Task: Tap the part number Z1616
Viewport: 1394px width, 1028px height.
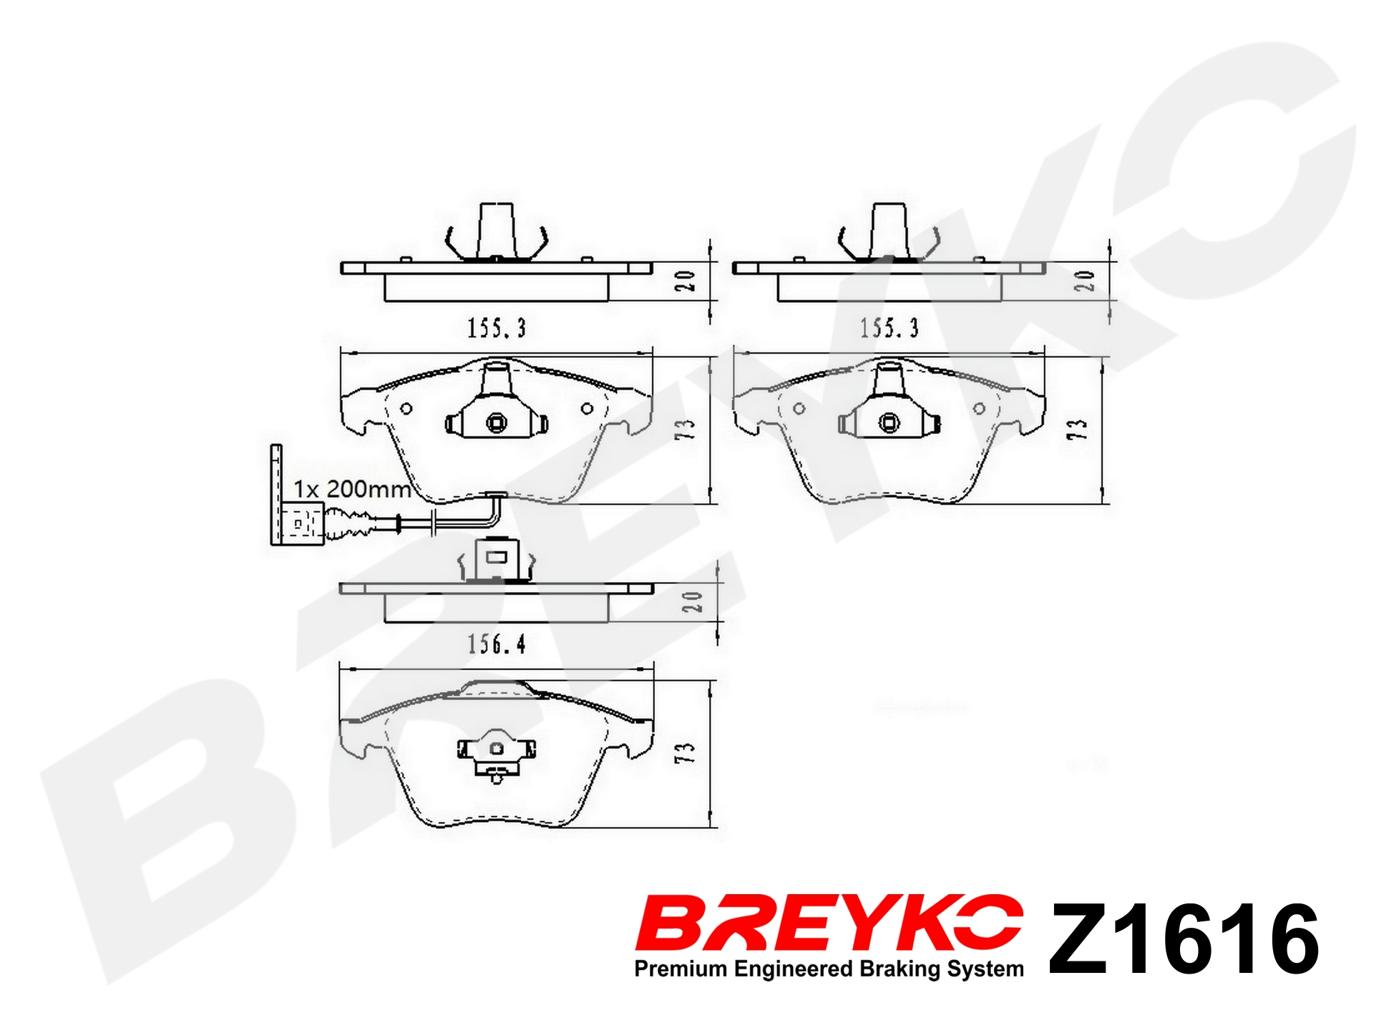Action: coord(1184,939)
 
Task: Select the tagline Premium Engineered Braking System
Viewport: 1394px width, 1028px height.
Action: coord(829,969)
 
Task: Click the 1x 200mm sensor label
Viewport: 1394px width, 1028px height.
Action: coord(351,489)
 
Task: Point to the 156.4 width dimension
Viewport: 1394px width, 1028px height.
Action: coord(497,644)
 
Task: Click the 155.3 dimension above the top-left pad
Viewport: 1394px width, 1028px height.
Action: coord(497,328)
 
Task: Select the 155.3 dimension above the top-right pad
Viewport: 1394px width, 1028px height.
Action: coord(889,328)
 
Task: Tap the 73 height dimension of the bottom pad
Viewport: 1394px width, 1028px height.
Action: coord(685,752)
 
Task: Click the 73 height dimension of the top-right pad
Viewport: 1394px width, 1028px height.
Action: coord(1077,429)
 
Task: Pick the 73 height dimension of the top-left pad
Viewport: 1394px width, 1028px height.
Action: coord(685,429)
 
